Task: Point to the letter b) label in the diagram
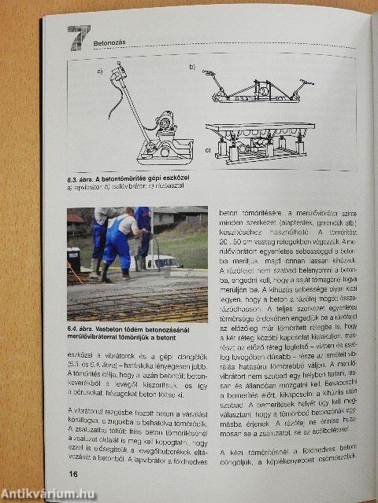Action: click(191, 68)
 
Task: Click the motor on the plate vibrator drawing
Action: click(165, 122)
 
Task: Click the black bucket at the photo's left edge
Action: click(73, 258)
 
